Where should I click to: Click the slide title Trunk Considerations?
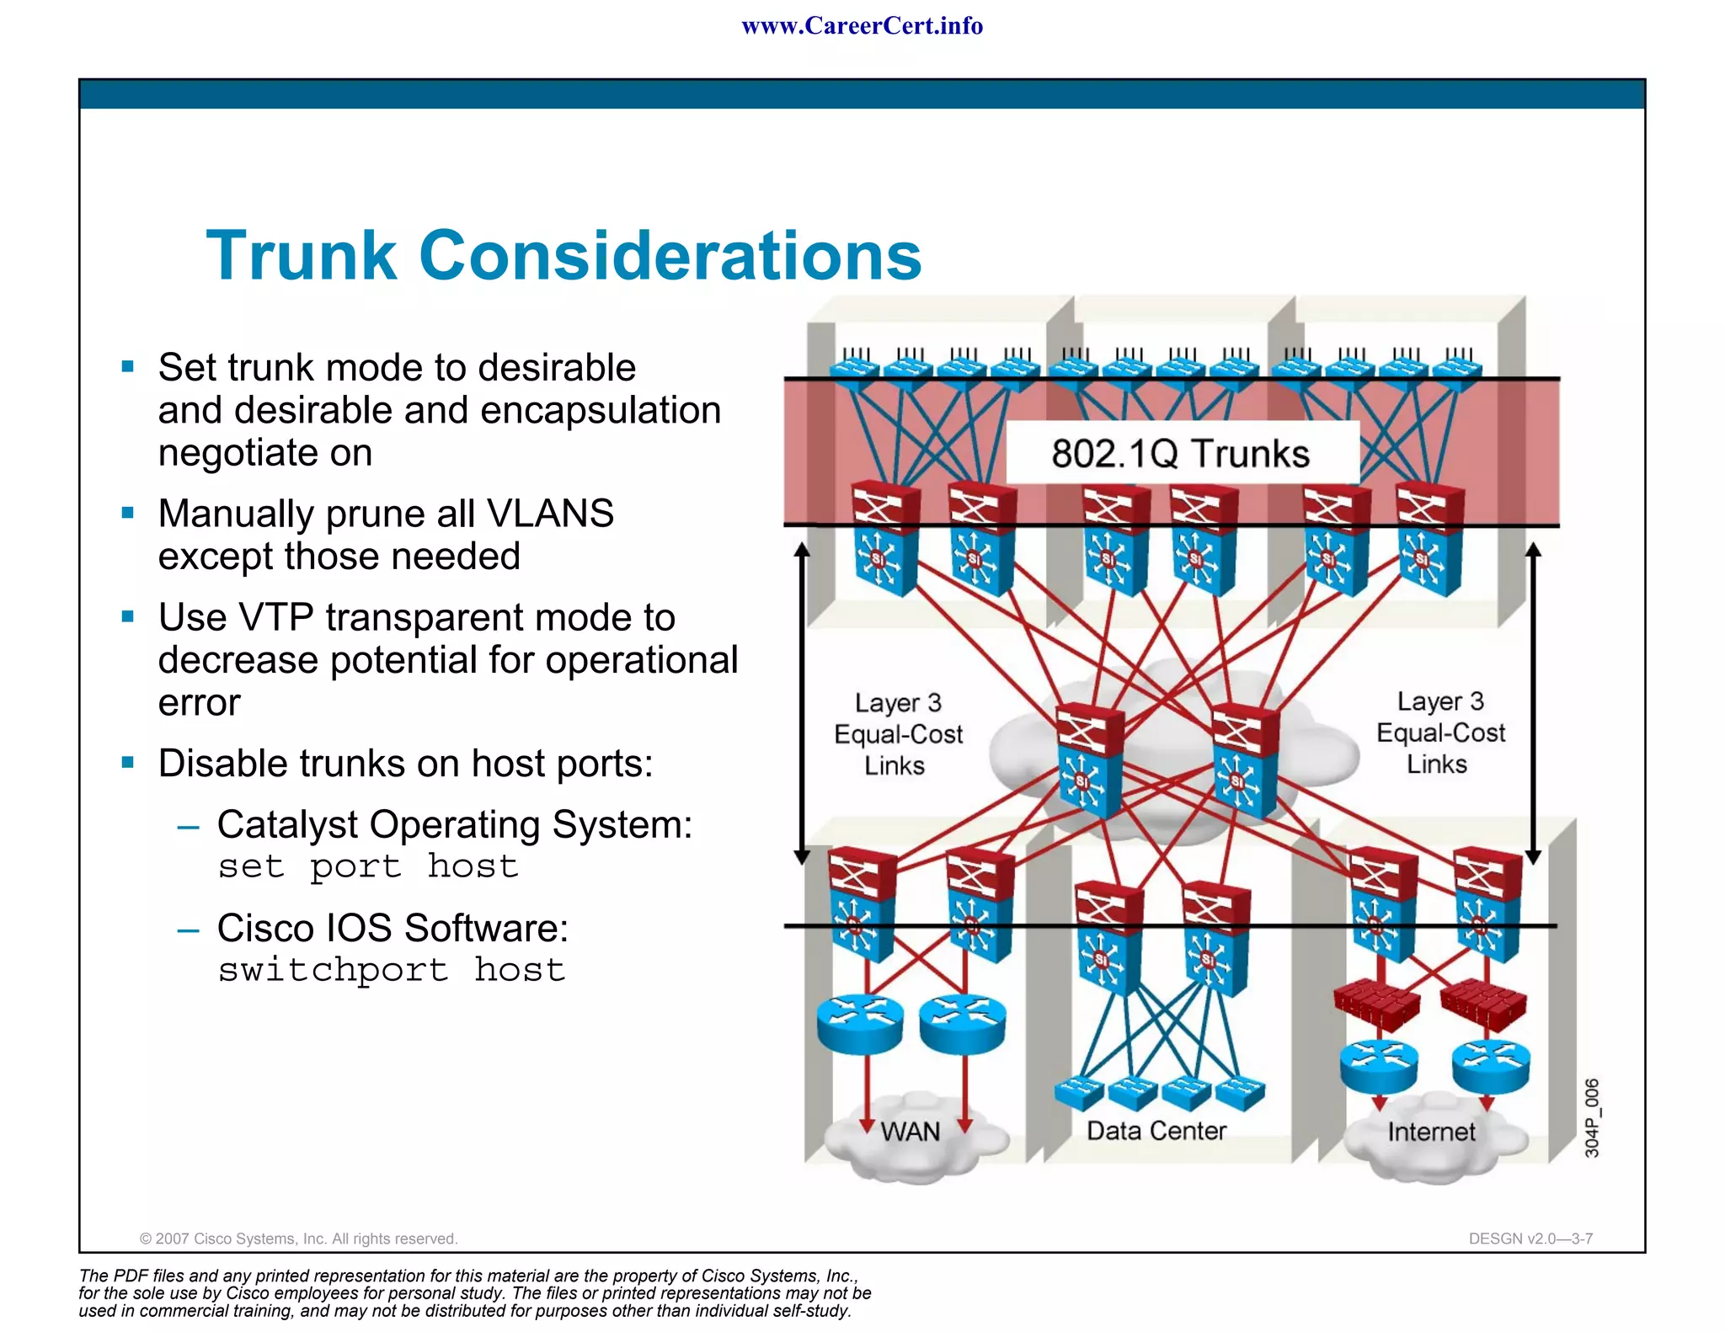tap(563, 255)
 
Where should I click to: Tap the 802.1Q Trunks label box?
tap(1181, 453)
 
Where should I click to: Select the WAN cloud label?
tap(910, 1132)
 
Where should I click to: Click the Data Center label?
tap(1156, 1131)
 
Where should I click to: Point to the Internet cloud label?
tap(1431, 1132)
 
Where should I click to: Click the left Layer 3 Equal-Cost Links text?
tap(898, 734)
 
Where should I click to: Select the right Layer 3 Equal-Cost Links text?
tap(1440, 733)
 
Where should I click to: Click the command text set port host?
tap(368, 866)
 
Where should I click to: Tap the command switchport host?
tap(392, 970)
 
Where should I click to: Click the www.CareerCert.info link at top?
tap(862, 26)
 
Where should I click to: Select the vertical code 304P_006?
tap(1591, 1117)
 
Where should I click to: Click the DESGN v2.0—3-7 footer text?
tap(1530, 1239)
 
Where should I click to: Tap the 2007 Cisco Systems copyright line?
tap(298, 1239)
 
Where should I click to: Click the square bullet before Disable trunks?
tap(128, 763)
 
